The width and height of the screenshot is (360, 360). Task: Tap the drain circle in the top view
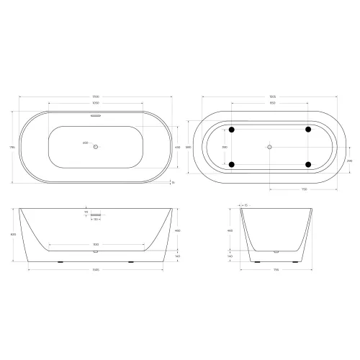pos(96,146)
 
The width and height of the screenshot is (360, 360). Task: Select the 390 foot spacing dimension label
pos(225,147)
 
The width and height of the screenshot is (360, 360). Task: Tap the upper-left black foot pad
pos(231,130)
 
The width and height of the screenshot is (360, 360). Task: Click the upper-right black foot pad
pos(308,130)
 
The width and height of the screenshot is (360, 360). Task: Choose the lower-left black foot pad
pos(231,165)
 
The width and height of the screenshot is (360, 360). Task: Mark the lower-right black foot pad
pos(308,165)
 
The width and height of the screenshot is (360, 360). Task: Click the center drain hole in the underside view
pos(269,147)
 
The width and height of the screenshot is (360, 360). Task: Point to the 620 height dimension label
pos(12,235)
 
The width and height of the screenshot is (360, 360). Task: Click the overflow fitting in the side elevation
pos(96,215)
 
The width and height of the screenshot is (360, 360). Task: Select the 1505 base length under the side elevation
pos(95,271)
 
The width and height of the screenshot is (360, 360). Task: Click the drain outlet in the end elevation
pos(275,252)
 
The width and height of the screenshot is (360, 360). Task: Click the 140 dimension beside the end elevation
pos(230,256)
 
